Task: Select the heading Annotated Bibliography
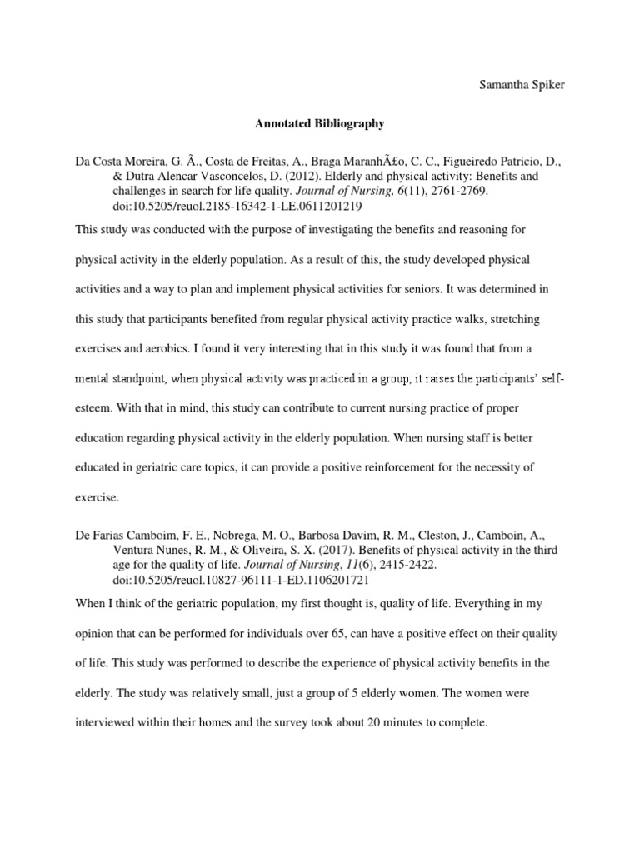click(x=319, y=123)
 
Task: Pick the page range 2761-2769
click(x=438, y=192)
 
